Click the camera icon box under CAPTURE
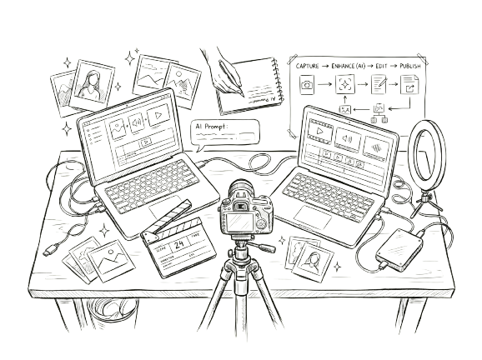(x=308, y=84)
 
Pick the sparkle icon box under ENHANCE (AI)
(x=343, y=83)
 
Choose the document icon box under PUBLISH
(x=409, y=83)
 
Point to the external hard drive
(x=399, y=247)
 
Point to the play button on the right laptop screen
(x=376, y=142)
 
